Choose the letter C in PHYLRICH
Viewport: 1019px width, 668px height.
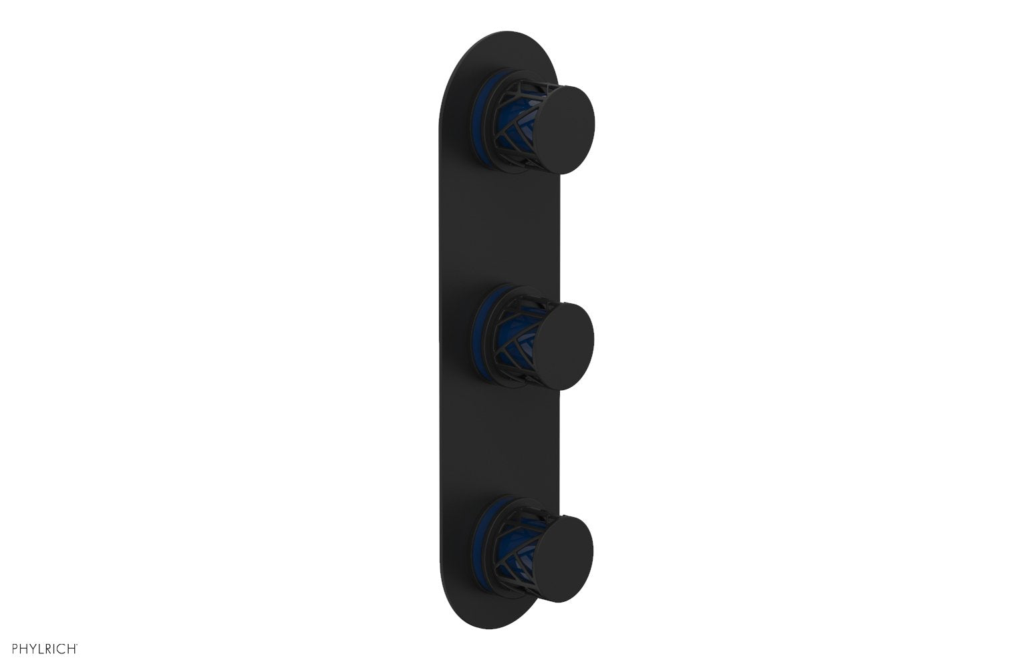coord(62,647)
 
